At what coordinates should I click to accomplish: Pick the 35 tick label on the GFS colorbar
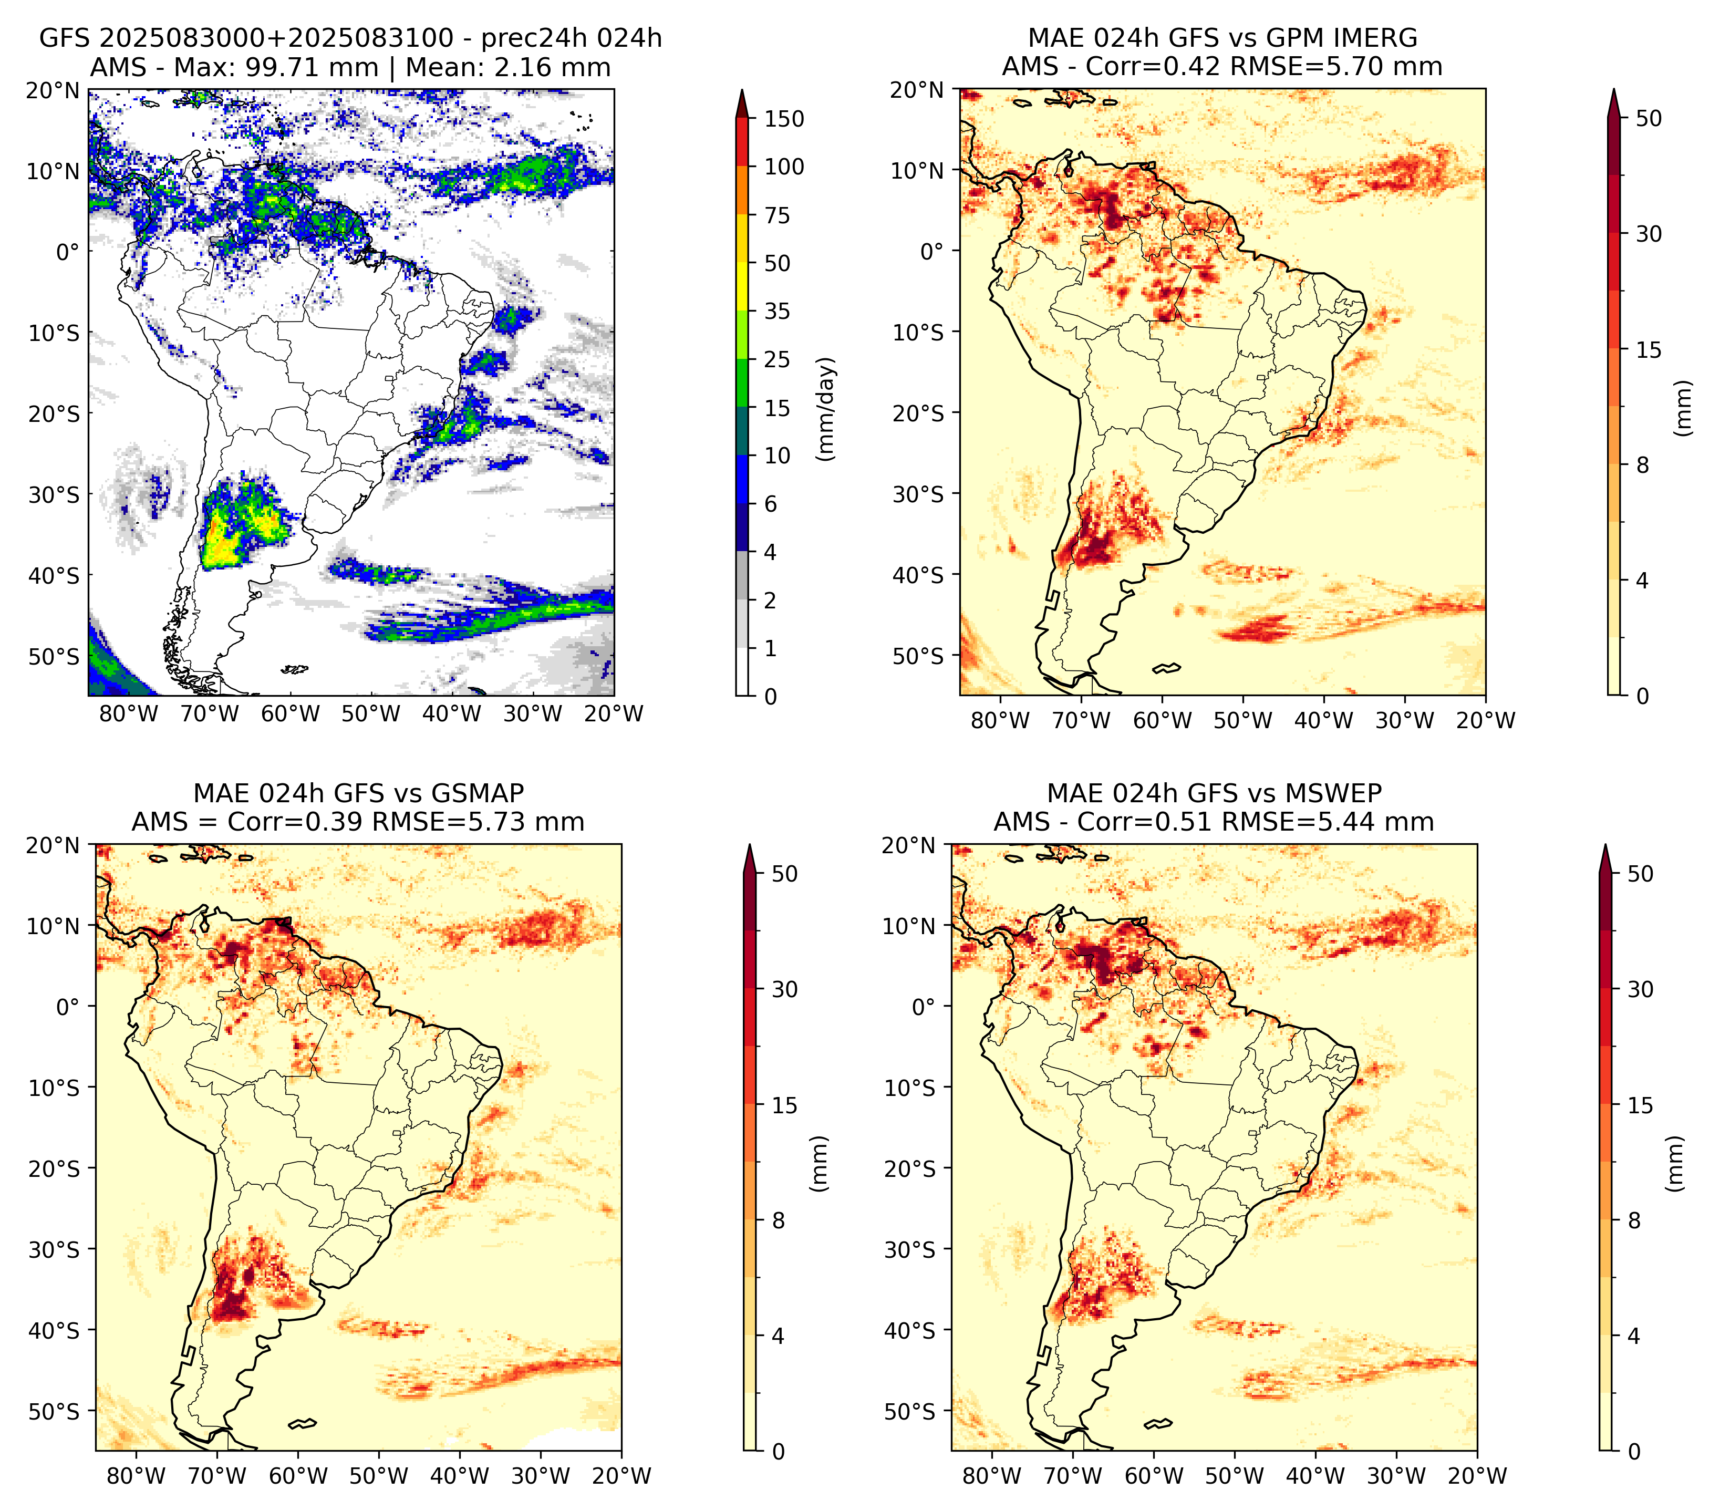click(778, 311)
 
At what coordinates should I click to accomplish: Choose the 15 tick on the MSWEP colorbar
click(1641, 1105)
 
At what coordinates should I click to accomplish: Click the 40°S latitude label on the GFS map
click(54, 576)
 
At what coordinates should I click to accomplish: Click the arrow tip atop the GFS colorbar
click(742, 89)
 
